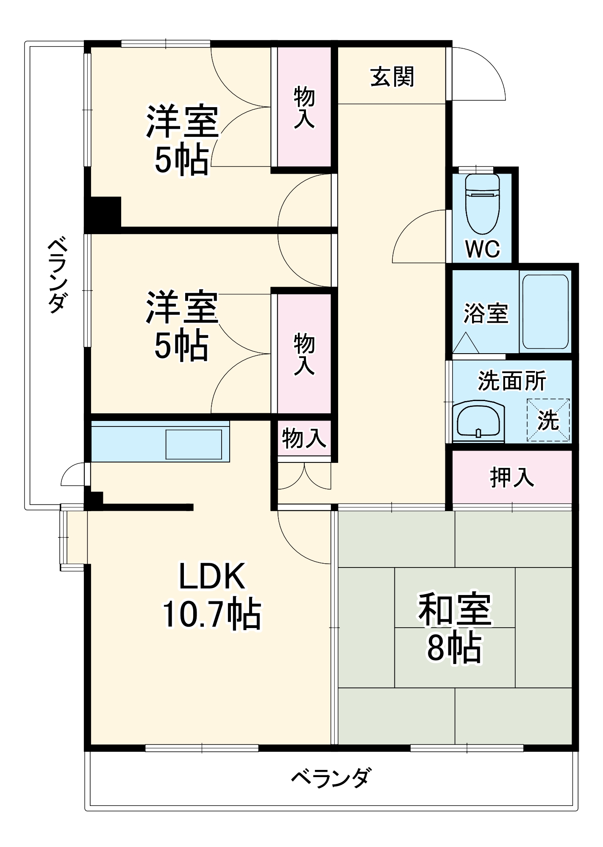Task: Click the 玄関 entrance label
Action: click(392, 77)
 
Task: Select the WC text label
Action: click(482, 249)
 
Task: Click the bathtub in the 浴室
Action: click(545, 312)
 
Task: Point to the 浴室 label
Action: click(486, 313)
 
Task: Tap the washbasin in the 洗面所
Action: click(478, 421)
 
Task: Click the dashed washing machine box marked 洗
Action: click(548, 420)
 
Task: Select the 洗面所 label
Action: click(512, 380)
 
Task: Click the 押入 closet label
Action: click(512, 477)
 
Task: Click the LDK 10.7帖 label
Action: click(212, 595)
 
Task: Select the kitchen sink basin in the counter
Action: click(194, 444)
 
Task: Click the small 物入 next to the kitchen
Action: click(304, 438)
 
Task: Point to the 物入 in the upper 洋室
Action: click(304, 107)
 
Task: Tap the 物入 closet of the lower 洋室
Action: click(304, 354)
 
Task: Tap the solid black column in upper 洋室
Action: click(103, 213)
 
